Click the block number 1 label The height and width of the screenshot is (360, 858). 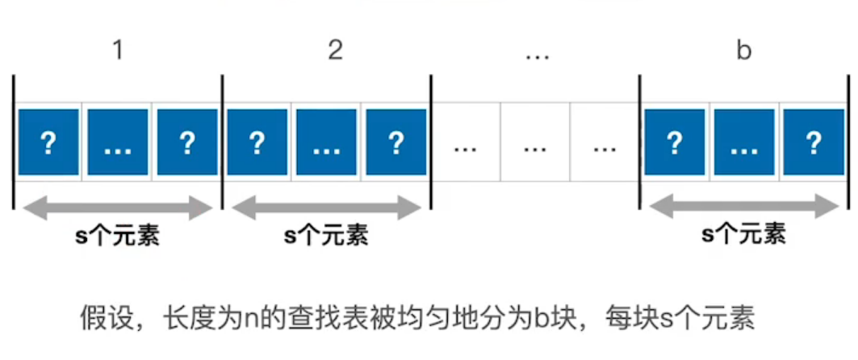(x=117, y=51)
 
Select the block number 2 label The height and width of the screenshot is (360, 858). (x=335, y=51)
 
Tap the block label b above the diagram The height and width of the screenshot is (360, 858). (x=743, y=51)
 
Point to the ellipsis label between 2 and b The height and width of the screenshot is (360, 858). (x=537, y=56)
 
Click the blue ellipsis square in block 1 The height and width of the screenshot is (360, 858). (x=118, y=142)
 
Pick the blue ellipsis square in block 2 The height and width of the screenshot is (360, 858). (x=327, y=142)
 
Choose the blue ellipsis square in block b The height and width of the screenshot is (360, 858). (x=744, y=142)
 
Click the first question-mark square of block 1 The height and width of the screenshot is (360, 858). (x=48, y=142)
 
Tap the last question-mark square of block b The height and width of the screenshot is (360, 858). (x=813, y=142)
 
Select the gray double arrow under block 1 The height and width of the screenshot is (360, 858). (x=117, y=208)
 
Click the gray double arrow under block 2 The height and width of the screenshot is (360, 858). (x=327, y=208)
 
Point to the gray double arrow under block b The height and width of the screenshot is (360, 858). (x=743, y=208)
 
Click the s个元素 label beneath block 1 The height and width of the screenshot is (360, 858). (x=117, y=237)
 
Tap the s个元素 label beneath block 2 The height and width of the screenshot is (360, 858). (x=326, y=237)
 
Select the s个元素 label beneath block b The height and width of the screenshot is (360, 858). (x=743, y=235)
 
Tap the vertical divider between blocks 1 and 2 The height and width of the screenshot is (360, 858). (x=222, y=142)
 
